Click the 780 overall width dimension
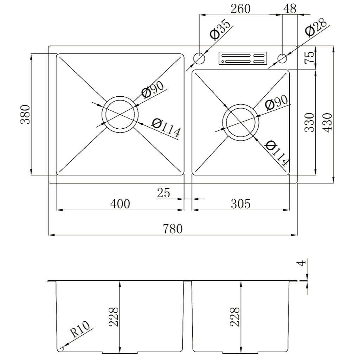pos(173,229)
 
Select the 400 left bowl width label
pos(120,204)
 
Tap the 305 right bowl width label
pos(240,204)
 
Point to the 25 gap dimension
pos(164,193)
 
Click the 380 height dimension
pos(25,115)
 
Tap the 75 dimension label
pos(309,57)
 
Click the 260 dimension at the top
pos(240,9)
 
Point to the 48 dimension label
pos(290,9)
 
